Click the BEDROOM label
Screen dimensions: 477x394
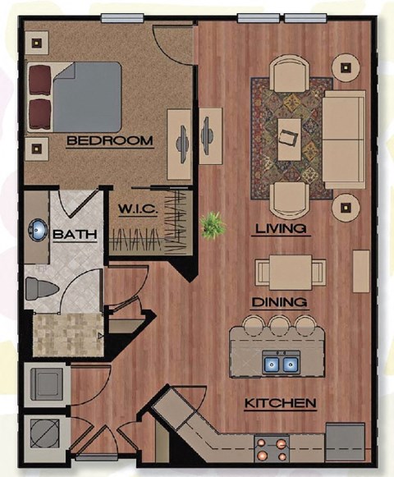109,141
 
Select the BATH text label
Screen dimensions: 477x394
75,235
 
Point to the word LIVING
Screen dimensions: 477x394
281,228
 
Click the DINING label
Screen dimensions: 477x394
280,301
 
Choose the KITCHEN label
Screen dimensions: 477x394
281,403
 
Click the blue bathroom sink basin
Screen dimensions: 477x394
38,228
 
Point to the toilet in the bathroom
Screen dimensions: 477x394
37,289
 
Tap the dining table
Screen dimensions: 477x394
284,270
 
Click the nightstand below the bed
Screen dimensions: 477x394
35,149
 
